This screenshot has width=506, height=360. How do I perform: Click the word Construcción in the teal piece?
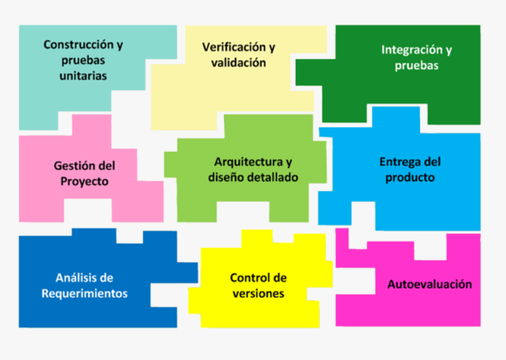click(79, 45)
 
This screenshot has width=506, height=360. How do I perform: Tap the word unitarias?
click(84, 76)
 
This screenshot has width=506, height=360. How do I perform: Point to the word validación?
click(238, 62)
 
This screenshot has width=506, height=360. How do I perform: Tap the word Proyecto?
click(85, 181)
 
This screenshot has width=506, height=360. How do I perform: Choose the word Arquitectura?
click(248, 162)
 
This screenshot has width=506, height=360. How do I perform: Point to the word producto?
click(410, 178)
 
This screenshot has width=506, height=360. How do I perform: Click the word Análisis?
click(75, 278)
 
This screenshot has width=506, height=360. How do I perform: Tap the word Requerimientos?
click(85, 294)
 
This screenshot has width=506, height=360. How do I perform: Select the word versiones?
click(258, 294)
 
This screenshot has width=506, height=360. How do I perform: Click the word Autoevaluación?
click(430, 284)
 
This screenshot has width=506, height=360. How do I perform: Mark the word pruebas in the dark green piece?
click(417, 65)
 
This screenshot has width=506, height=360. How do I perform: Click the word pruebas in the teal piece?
click(84, 61)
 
